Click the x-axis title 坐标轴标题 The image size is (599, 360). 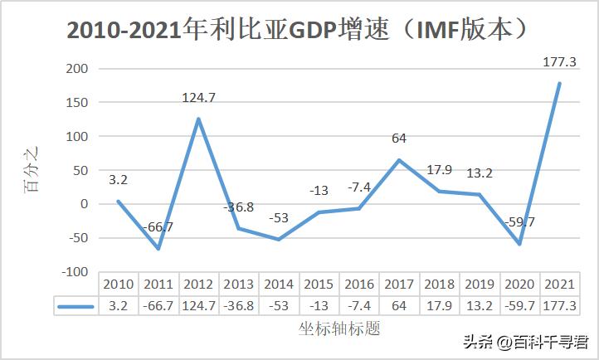tap(339, 328)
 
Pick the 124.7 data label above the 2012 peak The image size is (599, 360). tap(198, 98)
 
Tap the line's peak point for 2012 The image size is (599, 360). tap(198, 119)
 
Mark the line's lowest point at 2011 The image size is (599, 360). tap(158, 249)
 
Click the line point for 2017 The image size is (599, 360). tap(399, 160)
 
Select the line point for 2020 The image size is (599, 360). tap(519, 244)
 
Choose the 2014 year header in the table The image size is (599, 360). tap(279, 284)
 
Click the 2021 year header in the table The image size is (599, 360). tap(559, 284)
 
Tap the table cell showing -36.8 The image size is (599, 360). tap(239, 306)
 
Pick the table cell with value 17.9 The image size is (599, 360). tap(439, 306)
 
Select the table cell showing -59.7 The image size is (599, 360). tap(519, 306)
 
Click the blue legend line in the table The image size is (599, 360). tap(76, 306)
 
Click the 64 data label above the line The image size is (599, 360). tap(399, 138)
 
